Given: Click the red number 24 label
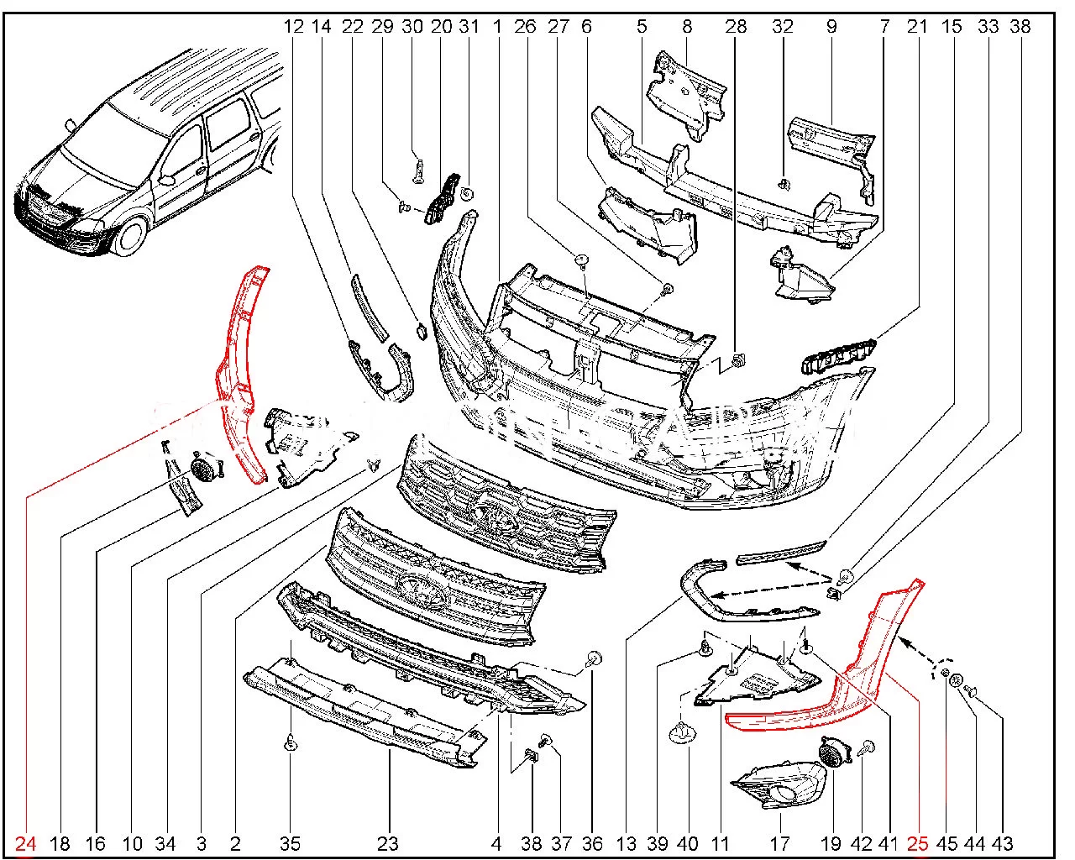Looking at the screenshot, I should tap(26, 843).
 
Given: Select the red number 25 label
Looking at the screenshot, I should tap(917, 843).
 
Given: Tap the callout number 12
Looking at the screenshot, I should tap(293, 26).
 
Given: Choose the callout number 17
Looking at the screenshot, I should tap(779, 843).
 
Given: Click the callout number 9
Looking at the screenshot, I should tap(831, 26).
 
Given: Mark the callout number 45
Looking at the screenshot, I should tap(947, 843).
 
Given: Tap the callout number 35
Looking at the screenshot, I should tap(290, 843).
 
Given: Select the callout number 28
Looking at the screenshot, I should tap(736, 26).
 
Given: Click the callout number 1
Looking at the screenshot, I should tap(497, 26).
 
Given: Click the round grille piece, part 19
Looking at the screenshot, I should tap(834, 751).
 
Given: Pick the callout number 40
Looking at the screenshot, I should tap(688, 843).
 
